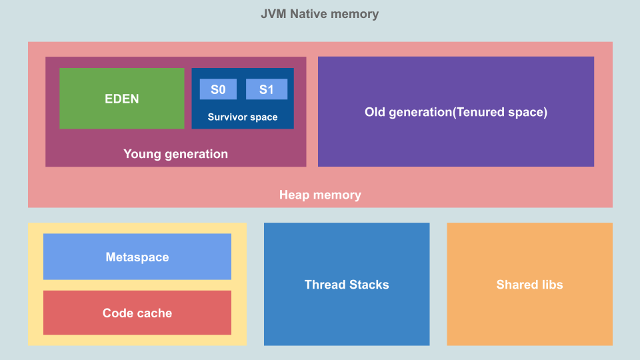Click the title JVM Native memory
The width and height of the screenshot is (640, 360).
coord(319,14)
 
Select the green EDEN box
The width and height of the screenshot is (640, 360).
coord(122,98)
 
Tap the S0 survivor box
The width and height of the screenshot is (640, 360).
coord(218,89)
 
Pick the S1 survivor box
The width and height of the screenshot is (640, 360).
coord(267,89)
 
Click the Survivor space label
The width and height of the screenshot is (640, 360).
coord(243,117)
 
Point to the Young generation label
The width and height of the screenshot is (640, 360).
coord(175,154)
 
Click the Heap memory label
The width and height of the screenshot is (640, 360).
coord(320,195)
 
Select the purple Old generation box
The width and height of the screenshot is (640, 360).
coord(456,111)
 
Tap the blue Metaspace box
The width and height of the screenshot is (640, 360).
coord(137,257)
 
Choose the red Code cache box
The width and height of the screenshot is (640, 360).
coord(137,313)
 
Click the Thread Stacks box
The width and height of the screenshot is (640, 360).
coord(347,285)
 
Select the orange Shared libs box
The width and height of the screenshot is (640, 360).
coord(529,285)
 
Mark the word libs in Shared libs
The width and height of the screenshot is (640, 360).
coord(551,285)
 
